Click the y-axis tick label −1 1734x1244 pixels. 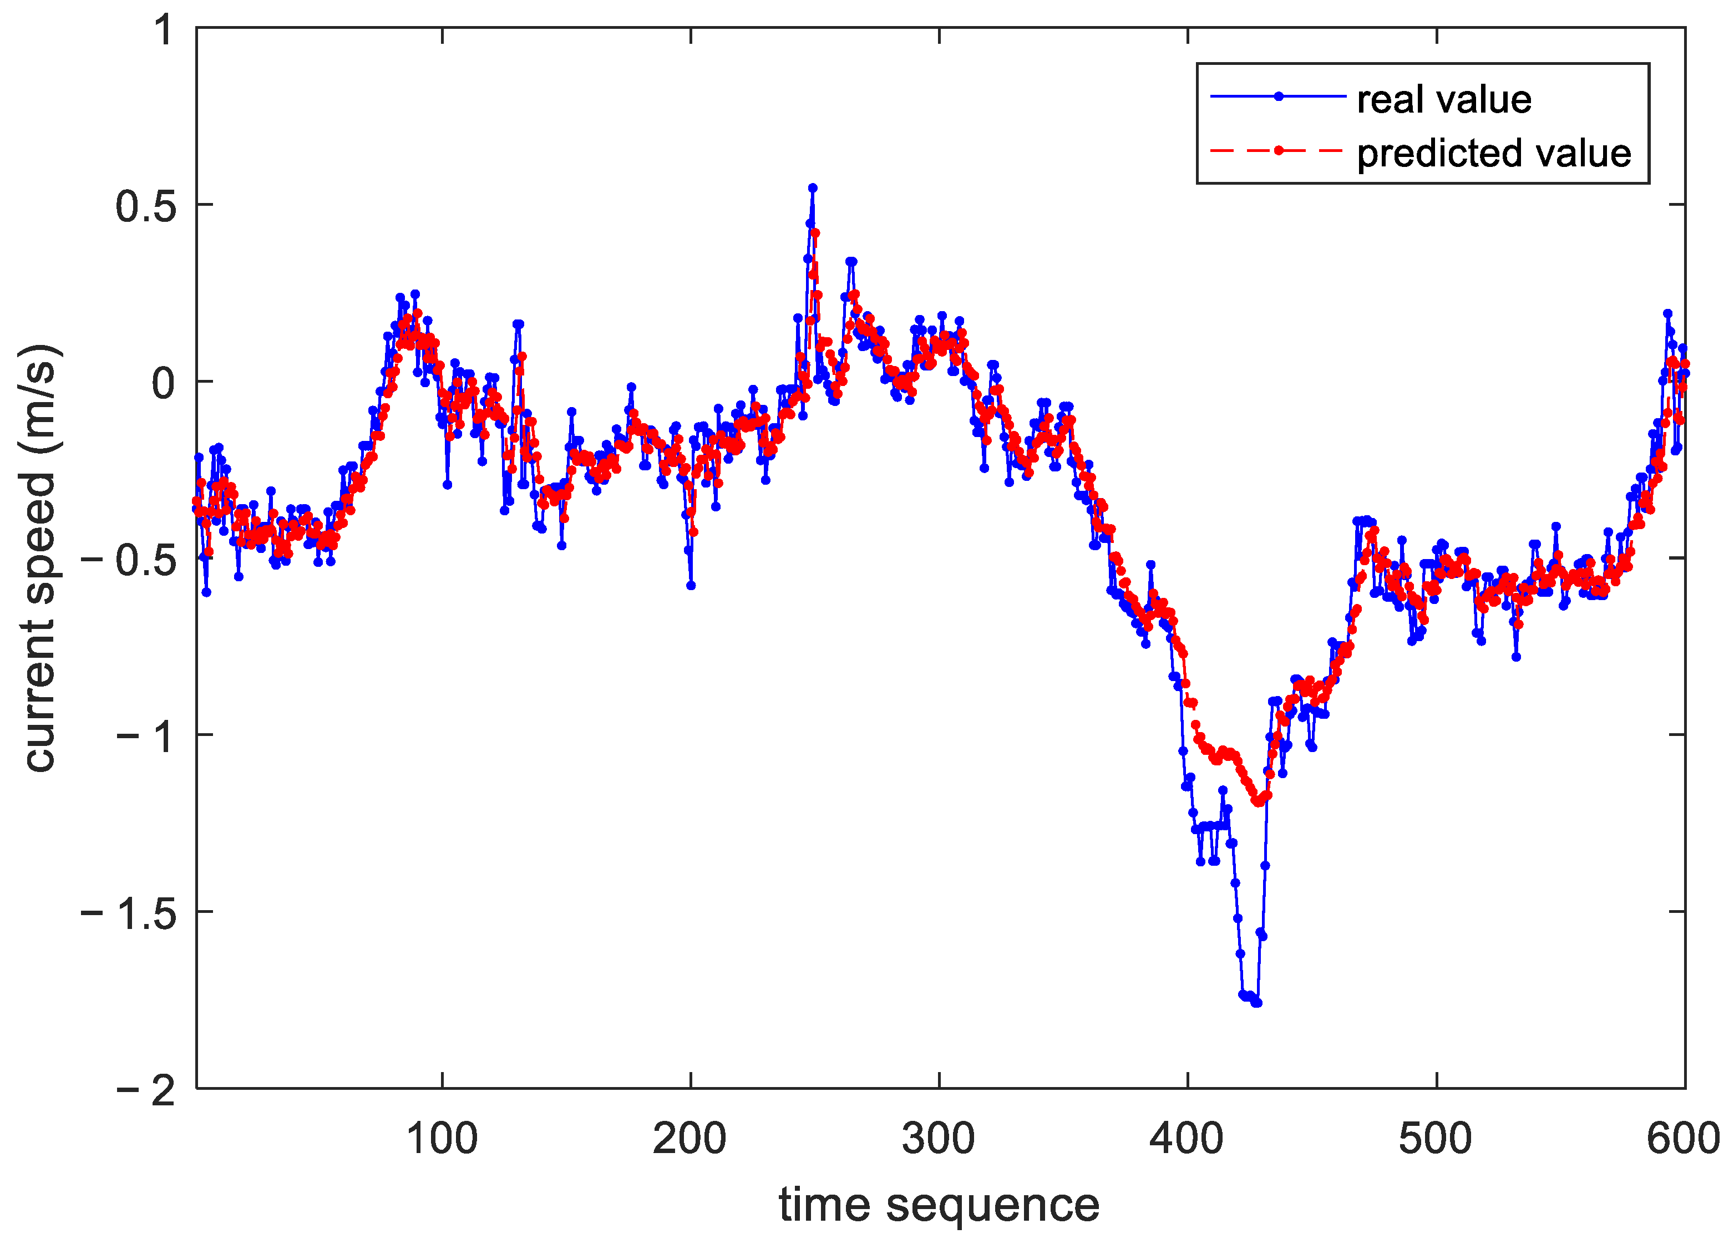[x=147, y=737]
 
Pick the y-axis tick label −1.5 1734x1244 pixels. [x=129, y=913]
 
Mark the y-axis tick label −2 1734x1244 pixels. [x=147, y=1090]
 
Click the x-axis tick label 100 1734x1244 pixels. [x=442, y=1139]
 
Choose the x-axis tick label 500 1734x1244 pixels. [x=1435, y=1139]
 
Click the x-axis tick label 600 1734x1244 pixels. [x=1683, y=1139]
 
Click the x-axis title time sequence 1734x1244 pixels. [x=939, y=1206]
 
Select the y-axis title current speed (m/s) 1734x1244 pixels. [x=40, y=558]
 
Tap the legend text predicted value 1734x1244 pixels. [x=1493, y=153]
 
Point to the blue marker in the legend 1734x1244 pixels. [x=1279, y=97]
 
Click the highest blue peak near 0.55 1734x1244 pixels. [x=813, y=187]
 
